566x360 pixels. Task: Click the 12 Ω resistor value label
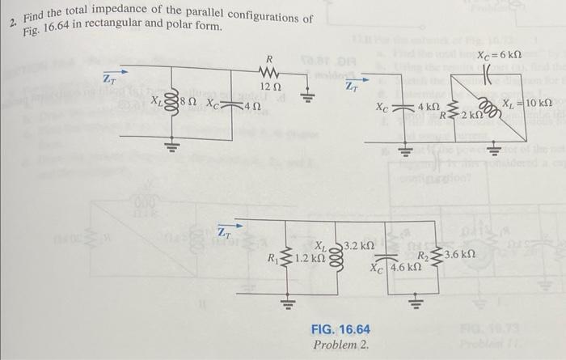(x=270, y=87)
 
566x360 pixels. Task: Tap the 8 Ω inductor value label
(x=188, y=104)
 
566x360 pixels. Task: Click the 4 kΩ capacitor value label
(x=429, y=107)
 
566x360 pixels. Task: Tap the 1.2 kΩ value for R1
(x=310, y=259)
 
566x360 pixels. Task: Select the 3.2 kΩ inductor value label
(x=359, y=244)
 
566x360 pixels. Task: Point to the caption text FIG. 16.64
(x=340, y=329)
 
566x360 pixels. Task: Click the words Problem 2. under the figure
(x=340, y=345)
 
